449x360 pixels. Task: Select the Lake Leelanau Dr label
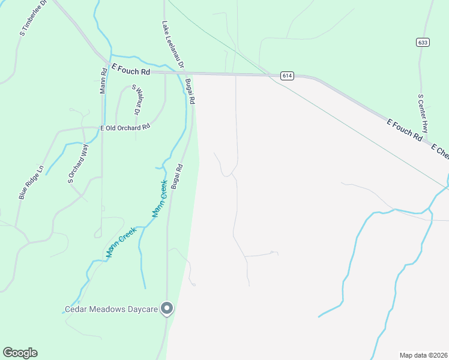[173, 44]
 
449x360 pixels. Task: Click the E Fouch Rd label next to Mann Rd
[130, 70]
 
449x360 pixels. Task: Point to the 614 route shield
[287, 76]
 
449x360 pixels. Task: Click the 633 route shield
[424, 42]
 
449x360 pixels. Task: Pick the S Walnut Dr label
[136, 100]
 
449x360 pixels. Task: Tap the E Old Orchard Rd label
[124, 128]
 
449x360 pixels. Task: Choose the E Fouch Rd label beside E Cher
[405, 130]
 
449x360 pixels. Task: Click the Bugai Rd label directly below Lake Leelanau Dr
[190, 92]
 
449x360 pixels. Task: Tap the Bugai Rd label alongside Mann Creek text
[176, 178]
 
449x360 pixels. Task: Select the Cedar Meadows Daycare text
[111, 310]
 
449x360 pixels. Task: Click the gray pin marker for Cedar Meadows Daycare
[167, 308]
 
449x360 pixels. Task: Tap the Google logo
[20, 353]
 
